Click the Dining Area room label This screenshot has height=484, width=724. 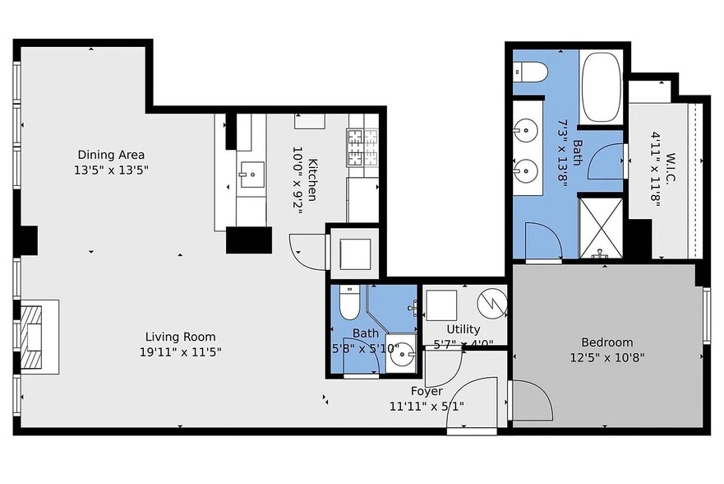coord(111,155)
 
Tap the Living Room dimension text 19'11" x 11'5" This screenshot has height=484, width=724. coord(181,352)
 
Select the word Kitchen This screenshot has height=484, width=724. coord(312,179)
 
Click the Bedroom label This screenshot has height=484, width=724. coord(607,342)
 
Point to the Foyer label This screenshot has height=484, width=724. coord(427,391)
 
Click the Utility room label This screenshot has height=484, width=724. coord(463,329)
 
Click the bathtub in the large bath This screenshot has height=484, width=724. coord(602,87)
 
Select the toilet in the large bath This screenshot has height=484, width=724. coord(531,72)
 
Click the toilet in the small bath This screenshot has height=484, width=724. coord(349,302)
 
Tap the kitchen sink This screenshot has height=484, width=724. coord(251,175)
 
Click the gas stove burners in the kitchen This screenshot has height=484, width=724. coord(362,148)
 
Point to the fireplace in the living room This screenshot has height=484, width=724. coord(36,337)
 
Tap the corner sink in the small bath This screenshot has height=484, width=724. coord(401,354)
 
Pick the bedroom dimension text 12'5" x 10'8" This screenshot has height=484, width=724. coord(607,357)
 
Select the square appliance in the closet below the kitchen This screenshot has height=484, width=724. coord(355,254)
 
